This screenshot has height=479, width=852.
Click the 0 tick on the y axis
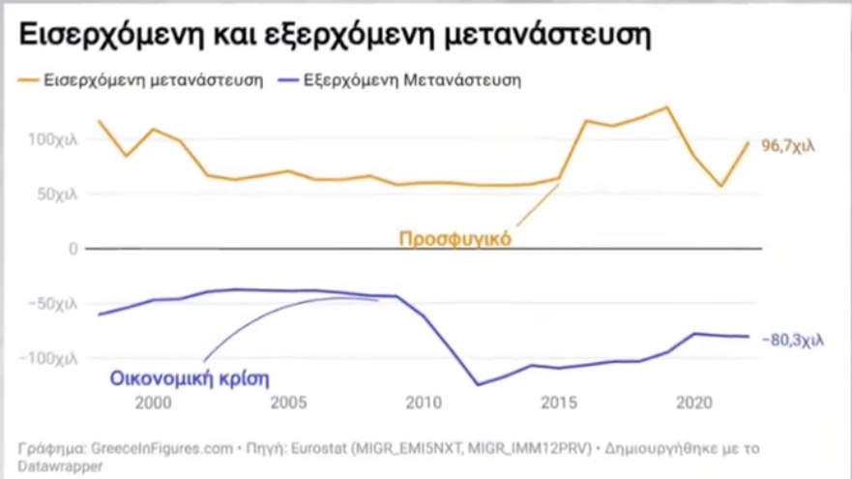[72, 249]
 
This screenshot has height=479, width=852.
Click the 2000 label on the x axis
[153, 402]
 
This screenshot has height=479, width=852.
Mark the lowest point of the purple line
[477, 384]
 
